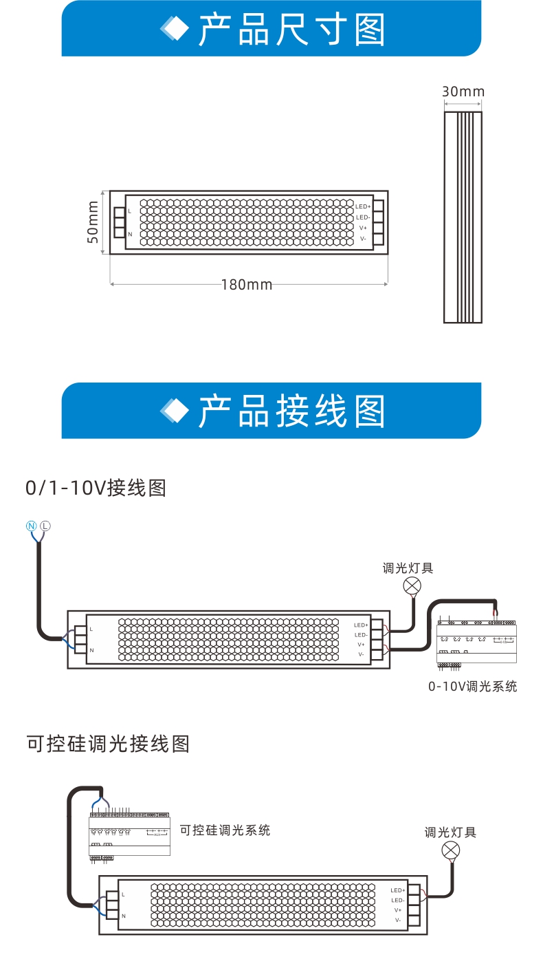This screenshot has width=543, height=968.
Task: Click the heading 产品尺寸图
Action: pos(291,29)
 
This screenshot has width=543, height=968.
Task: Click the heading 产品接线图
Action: pos(291,411)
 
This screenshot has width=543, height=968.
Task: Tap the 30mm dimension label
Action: pos(463,92)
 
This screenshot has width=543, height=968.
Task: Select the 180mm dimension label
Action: pos(247,284)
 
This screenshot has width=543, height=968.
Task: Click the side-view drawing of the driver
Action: pos(463,217)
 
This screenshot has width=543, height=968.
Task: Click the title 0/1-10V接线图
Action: pos(96,488)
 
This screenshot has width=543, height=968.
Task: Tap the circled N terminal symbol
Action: pos(31,526)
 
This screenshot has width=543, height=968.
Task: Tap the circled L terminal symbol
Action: pos(45,526)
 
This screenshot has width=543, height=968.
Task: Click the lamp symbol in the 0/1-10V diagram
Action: pos(412,585)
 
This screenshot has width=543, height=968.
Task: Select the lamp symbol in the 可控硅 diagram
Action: pos(450,850)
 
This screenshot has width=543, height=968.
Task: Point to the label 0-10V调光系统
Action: pos(472,686)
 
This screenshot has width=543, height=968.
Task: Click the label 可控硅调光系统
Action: pos(225,830)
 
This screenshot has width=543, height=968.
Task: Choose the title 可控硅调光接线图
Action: pos(107,744)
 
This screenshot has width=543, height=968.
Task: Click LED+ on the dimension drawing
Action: pos(363,206)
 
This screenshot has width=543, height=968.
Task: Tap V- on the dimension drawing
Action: pos(362,238)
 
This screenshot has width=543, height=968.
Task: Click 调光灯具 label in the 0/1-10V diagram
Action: pos(408,568)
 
